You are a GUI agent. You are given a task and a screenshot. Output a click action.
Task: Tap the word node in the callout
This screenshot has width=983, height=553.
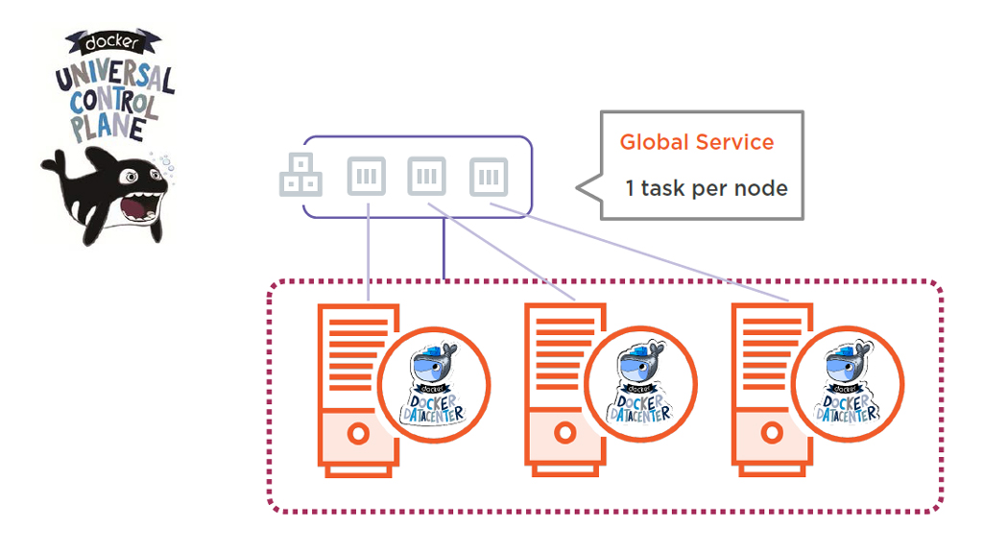click(764, 188)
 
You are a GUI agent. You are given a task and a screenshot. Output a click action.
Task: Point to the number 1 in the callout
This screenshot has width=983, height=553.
click(629, 188)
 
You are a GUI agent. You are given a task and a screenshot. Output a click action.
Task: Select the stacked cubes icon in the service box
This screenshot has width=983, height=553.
click(300, 177)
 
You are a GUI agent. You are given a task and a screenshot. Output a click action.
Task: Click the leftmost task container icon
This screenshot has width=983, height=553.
click(369, 177)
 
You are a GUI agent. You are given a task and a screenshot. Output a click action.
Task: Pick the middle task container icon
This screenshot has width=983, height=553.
click(427, 177)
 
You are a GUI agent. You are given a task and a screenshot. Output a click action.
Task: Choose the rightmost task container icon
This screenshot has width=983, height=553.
click(489, 177)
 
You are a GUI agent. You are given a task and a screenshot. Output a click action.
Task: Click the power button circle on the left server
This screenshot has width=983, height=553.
click(357, 433)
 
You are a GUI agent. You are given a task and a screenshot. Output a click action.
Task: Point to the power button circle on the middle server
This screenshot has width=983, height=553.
click(564, 433)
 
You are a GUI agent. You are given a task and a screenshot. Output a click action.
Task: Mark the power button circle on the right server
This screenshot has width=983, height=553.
click(771, 433)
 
